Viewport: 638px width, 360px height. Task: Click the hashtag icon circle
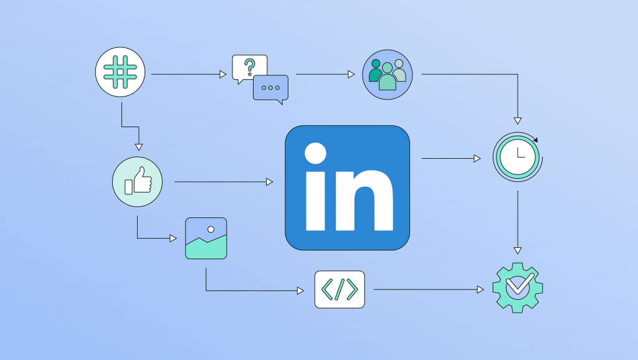pos(120,72)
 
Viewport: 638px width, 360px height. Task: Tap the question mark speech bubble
pos(249,67)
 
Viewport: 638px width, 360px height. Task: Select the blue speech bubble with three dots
pos(270,88)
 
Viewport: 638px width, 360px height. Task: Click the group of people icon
pos(388,75)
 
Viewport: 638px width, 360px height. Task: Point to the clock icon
pos(518,157)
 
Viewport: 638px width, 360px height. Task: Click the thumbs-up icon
pos(137,182)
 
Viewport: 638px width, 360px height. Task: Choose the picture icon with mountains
pos(206,239)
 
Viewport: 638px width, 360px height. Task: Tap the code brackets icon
pos(340,289)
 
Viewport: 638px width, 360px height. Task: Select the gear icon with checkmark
pos(518,288)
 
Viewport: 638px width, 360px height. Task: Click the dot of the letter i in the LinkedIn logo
pos(315,153)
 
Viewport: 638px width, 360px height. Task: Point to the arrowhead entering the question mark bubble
pos(223,75)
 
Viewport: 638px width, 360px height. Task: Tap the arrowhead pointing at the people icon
pos(351,75)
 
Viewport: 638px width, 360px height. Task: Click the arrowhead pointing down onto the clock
pos(518,121)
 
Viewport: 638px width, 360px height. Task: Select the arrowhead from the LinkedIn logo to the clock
pos(477,158)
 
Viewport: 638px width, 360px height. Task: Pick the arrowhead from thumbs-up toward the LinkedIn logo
pos(269,182)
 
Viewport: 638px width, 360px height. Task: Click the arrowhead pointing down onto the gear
pos(518,250)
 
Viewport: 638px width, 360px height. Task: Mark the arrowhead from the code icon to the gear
pos(480,290)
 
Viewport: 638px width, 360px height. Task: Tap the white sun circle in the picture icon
pos(211,229)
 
